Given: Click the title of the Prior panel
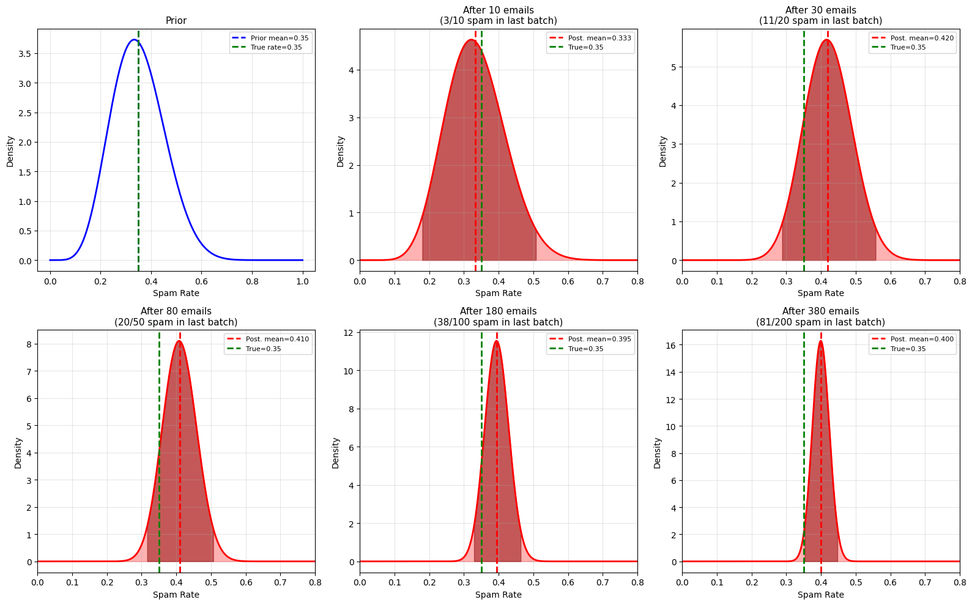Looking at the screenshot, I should click(x=176, y=21).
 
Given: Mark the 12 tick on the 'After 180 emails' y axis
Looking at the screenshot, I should click(x=349, y=333).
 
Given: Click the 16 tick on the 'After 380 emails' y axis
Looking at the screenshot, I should click(x=669, y=345).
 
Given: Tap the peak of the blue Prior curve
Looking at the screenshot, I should click(x=134, y=40).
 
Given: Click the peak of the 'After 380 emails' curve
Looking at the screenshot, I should click(x=820, y=341).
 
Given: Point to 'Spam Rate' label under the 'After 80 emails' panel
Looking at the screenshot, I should click(x=176, y=595).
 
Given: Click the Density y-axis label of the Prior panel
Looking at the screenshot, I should click(x=10, y=150).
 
